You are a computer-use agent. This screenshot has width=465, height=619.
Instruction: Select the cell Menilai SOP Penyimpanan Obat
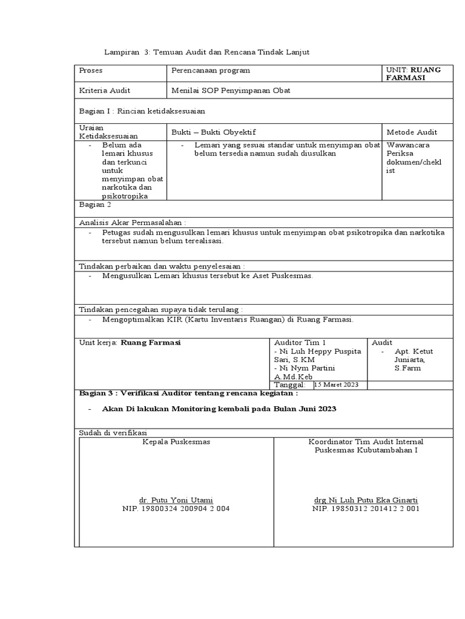[x=231, y=91]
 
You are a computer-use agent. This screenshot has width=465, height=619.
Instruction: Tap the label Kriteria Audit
[x=105, y=91]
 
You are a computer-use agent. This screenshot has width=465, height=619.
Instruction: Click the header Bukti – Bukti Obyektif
[x=209, y=132]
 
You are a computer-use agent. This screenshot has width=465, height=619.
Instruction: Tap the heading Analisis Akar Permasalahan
[x=133, y=222]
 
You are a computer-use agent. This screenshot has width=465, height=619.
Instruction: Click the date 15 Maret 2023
[x=337, y=385]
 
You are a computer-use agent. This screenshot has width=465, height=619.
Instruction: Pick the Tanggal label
[x=289, y=385]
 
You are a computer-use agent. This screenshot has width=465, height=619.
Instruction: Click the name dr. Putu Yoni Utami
[x=176, y=500]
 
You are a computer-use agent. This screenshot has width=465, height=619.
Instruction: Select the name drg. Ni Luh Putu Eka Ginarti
[x=365, y=500]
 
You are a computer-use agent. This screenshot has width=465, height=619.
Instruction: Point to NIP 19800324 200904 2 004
[x=176, y=509]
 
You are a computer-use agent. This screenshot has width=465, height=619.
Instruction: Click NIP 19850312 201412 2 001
[x=366, y=509]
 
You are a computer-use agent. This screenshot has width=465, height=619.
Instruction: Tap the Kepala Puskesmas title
[x=176, y=442]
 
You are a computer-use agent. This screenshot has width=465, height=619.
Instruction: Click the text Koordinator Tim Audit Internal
[x=366, y=442]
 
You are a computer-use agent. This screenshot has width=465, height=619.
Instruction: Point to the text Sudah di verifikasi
[x=113, y=433]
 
